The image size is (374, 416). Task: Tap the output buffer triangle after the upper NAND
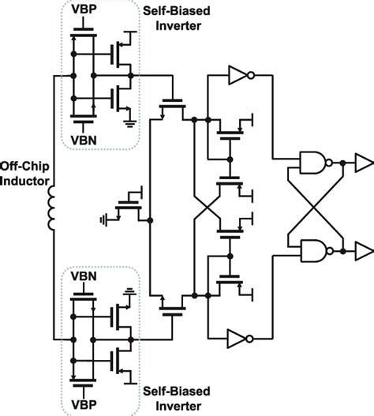point(362,162)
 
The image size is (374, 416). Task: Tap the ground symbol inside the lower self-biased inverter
point(129,290)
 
